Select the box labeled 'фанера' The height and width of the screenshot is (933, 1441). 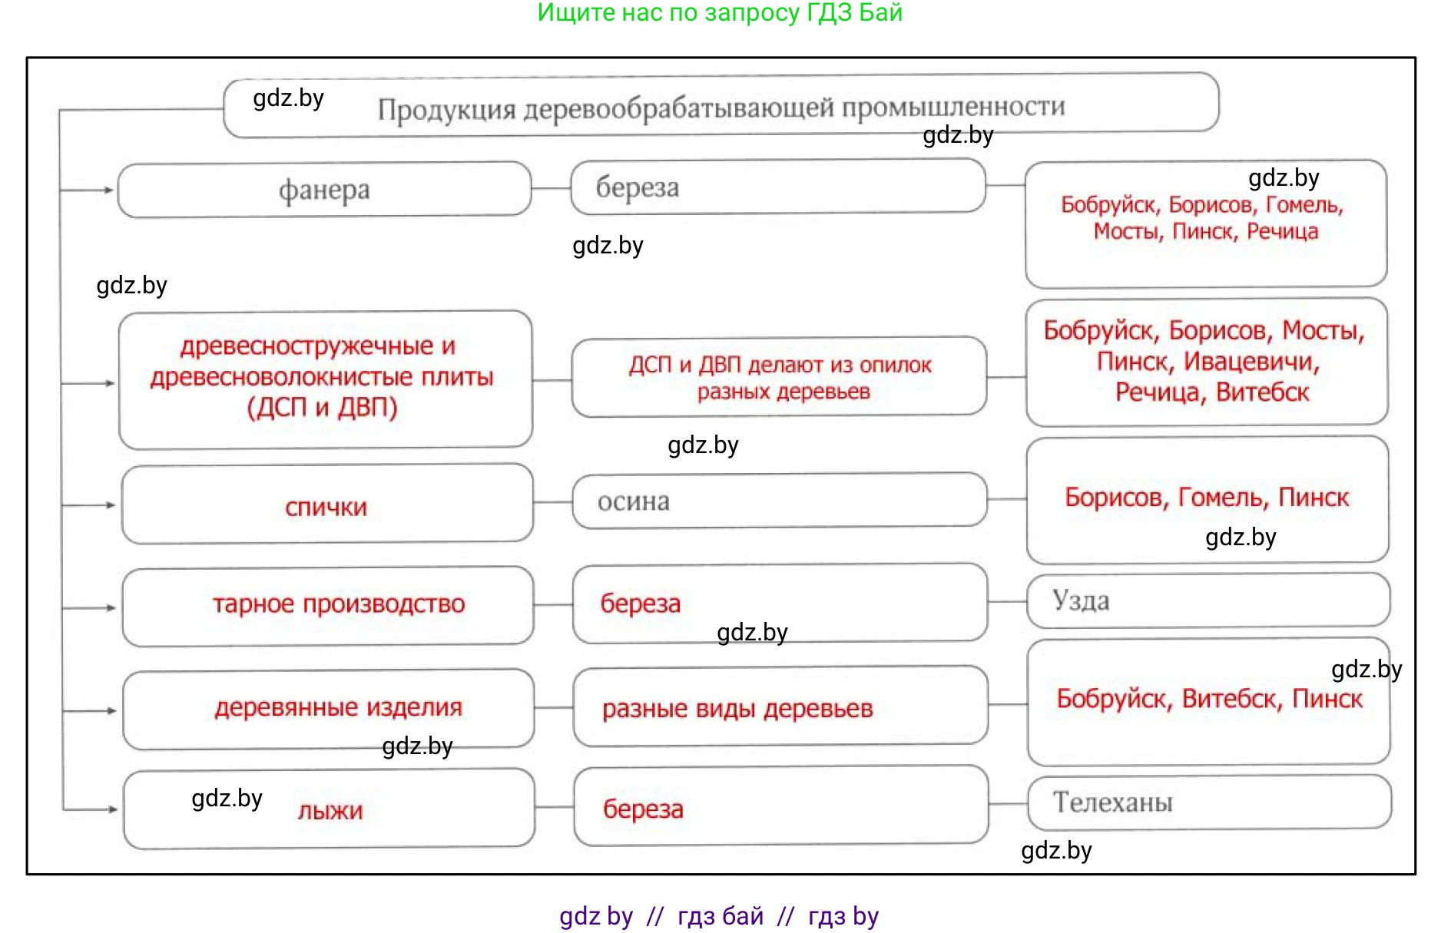(324, 190)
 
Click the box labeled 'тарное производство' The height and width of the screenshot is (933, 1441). (339, 604)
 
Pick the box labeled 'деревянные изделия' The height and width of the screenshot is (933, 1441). (339, 707)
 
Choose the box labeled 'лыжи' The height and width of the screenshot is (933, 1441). (330, 810)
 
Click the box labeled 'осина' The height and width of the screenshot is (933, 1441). (779, 501)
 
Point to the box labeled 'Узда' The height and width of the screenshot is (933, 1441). (1207, 600)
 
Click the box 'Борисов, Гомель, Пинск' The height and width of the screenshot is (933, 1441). (1207, 498)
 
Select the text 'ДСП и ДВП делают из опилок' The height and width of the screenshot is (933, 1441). (780, 365)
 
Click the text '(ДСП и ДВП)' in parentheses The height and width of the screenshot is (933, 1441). (323, 407)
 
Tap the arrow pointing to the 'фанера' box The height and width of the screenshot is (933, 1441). (108, 190)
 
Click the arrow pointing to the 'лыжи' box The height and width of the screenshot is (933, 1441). (111, 809)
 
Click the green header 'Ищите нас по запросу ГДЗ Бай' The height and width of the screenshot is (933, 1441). (720, 12)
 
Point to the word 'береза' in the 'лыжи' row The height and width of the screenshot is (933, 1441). (643, 809)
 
